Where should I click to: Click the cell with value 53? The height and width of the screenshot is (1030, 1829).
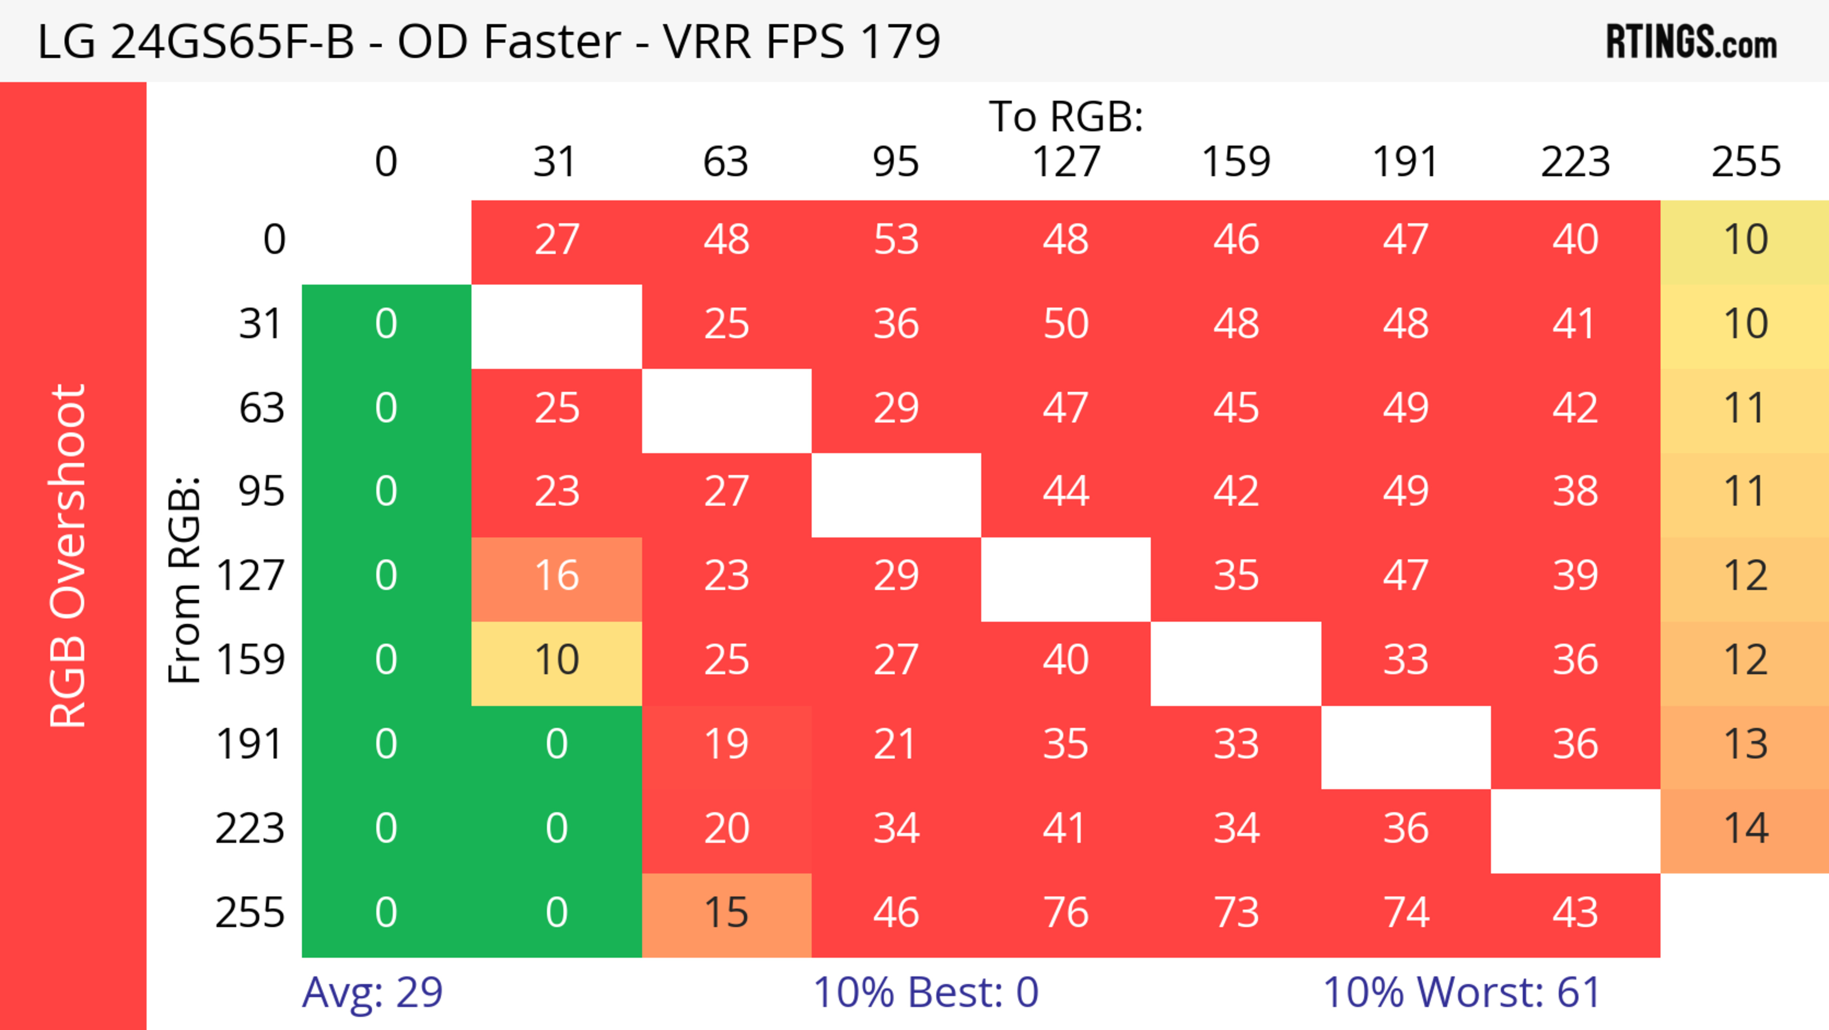896,240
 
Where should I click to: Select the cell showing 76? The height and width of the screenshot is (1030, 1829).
1066,913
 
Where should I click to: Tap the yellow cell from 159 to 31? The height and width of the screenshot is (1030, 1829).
557,661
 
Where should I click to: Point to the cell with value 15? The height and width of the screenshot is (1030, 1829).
726,913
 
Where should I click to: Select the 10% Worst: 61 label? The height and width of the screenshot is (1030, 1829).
1461,992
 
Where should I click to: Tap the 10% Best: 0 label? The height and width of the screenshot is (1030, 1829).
925,992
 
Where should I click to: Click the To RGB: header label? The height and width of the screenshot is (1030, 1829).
1066,116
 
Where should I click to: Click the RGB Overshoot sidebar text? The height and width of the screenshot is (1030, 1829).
68,555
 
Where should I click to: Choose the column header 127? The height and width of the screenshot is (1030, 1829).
1066,162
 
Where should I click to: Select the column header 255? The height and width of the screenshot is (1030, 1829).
1745,162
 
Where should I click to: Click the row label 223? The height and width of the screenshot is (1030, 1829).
250,829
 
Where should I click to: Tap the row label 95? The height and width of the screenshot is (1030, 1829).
261,491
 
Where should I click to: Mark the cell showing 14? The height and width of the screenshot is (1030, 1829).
1745,829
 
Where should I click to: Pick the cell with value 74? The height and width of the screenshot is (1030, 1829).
1406,913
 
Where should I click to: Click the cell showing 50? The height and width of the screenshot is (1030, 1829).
1066,325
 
